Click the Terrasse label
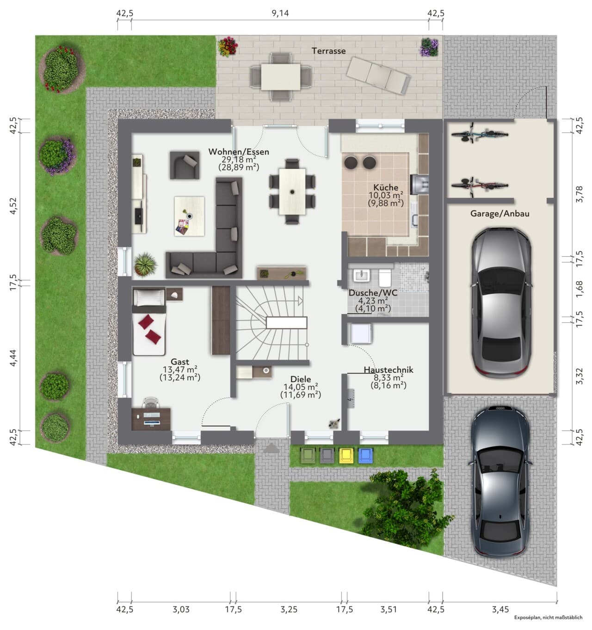pyautogui.click(x=328, y=51)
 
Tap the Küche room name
pyautogui.click(x=385, y=187)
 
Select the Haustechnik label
pyautogui.click(x=388, y=370)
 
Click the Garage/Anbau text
pyautogui.click(x=499, y=214)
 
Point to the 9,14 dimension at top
pyautogui.click(x=280, y=13)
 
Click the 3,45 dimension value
pyautogui.click(x=500, y=609)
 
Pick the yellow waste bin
pyautogui.click(x=346, y=456)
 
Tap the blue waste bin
pyautogui.click(x=365, y=456)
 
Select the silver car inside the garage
pyautogui.click(x=501, y=303)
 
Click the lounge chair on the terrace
pyautogui.click(x=378, y=75)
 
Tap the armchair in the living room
pyautogui.click(x=185, y=165)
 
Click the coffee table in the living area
pyautogui.click(x=189, y=216)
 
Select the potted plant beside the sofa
pyautogui.click(x=145, y=264)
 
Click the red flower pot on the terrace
pyautogui.click(x=228, y=47)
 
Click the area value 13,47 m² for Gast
pyautogui.click(x=180, y=369)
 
